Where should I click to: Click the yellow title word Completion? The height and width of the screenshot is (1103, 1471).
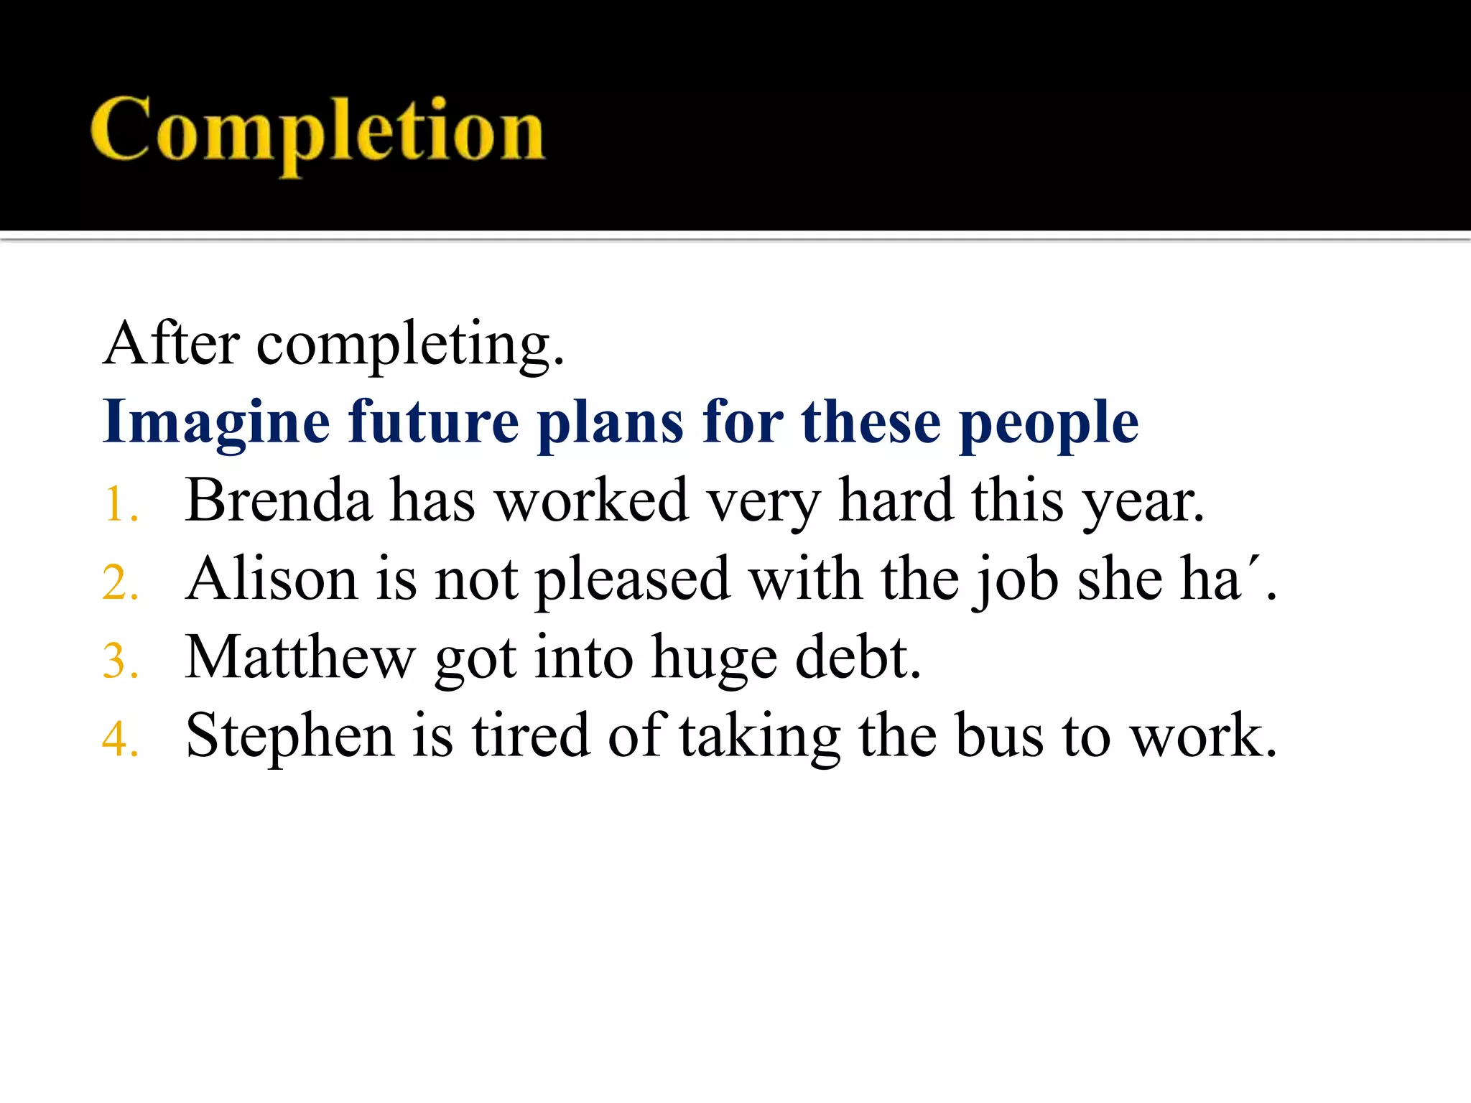(317, 131)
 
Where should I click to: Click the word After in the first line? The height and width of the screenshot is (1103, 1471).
(171, 344)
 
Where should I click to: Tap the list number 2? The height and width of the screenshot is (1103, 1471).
(118, 582)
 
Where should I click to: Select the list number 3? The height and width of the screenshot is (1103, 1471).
(118, 661)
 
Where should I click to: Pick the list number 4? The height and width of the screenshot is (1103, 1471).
(118, 740)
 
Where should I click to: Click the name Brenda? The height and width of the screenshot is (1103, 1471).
(279, 501)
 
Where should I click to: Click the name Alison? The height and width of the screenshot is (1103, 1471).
(272, 579)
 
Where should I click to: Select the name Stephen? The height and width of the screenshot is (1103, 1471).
(289, 735)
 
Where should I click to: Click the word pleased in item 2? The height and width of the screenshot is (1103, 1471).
(633, 580)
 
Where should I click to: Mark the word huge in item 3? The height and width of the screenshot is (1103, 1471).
(714, 658)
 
